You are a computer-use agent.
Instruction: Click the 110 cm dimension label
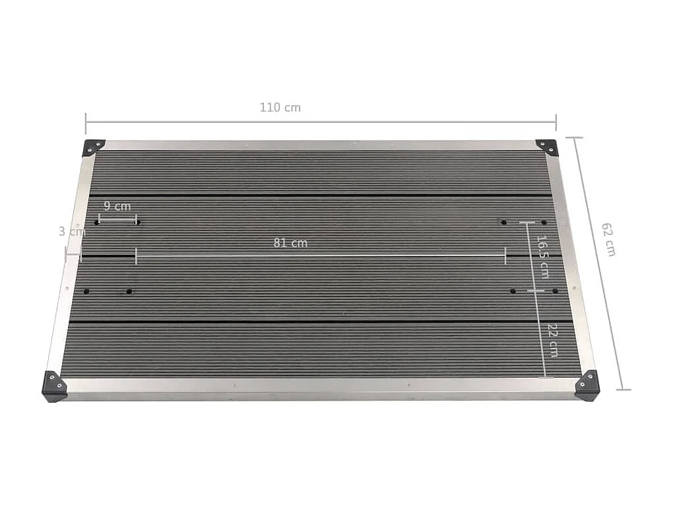coord(280,108)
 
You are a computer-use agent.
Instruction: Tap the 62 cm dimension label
coord(608,239)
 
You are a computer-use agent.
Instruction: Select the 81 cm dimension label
coord(290,243)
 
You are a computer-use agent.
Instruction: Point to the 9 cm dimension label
coord(117,206)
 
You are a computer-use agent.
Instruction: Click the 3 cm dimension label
coord(72,232)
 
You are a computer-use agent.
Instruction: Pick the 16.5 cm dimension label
coord(543,257)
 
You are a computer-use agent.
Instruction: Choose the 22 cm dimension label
coord(553,341)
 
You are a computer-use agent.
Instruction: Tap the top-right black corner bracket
coord(547,147)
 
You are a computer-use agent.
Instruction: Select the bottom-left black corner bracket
coord(53,386)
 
